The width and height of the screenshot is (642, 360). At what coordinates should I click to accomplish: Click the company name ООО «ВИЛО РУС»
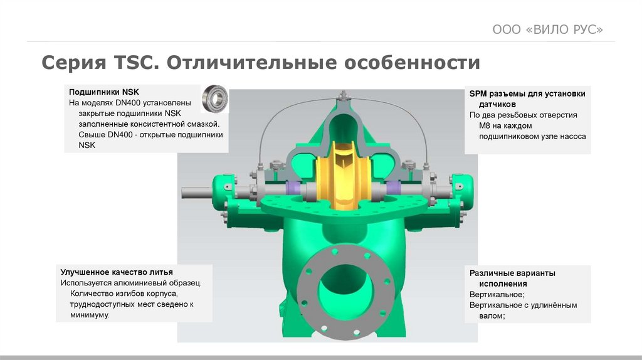[x=547, y=29]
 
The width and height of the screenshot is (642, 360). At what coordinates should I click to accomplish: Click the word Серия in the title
[x=74, y=63]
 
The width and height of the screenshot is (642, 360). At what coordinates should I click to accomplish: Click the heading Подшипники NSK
[x=104, y=92]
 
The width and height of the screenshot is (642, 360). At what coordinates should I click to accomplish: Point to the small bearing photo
[x=214, y=98]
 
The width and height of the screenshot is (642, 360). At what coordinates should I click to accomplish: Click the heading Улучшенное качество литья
[x=117, y=272]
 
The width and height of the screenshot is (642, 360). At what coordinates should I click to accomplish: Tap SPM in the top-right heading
[x=478, y=94]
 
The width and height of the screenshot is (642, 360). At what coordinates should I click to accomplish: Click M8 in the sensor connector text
[x=485, y=125]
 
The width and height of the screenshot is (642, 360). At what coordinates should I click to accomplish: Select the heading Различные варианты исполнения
[x=512, y=278]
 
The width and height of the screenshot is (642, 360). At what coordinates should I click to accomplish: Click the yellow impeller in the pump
[x=343, y=175]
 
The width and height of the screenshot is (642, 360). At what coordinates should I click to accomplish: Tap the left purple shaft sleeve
[x=293, y=188]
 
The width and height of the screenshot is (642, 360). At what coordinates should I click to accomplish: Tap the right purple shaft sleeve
[x=394, y=188]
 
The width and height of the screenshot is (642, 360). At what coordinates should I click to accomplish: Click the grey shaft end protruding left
[x=196, y=192]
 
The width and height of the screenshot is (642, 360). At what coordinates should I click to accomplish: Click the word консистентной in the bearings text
[x=160, y=124]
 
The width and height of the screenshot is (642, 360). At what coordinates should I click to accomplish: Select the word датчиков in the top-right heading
[x=497, y=105]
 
